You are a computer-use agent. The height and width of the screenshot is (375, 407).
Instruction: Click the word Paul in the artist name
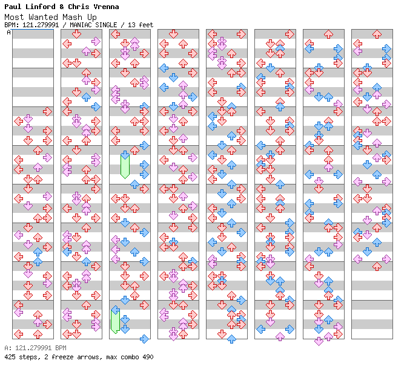click(13, 7)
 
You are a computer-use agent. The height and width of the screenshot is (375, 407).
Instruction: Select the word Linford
click(42, 7)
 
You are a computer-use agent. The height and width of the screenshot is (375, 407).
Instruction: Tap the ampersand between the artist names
click(66, 7)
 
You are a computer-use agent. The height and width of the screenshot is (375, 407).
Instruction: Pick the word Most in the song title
click(14, 17)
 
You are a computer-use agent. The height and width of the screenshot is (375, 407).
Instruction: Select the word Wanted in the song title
click(44, 17)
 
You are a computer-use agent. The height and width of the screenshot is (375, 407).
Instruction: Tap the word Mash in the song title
click(73, 17)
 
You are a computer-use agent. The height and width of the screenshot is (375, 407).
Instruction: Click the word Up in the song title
click(93, 17)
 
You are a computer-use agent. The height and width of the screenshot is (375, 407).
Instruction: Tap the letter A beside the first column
click(8, 33)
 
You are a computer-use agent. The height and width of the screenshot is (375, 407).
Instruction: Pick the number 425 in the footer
click(10, 357)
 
